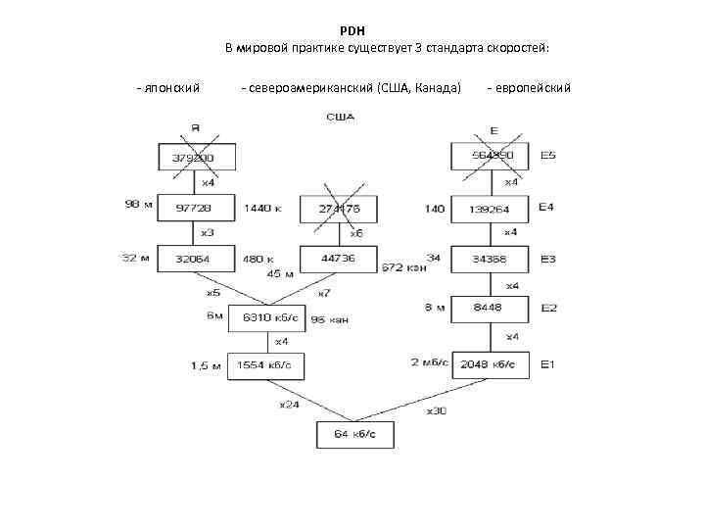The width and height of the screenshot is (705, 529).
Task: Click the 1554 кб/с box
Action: [265, 364]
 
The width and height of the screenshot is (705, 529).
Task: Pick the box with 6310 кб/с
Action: [266, 317]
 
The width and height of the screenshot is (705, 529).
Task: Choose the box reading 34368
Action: [489, 259]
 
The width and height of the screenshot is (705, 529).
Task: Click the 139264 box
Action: [489, 209]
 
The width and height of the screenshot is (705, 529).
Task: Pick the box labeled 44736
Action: [337, 259]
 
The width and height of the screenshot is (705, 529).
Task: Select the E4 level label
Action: [546, 208]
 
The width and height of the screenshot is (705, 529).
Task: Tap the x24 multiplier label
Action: [289, 404]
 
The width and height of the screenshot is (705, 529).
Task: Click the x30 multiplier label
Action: [437, 410]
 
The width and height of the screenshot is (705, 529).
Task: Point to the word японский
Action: [170, 88]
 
